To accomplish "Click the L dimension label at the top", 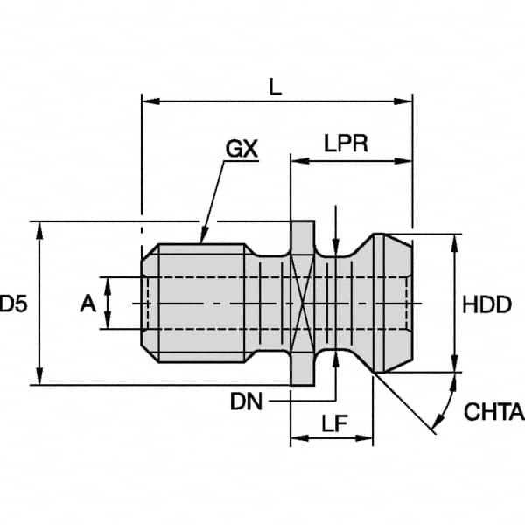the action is coord(276,87).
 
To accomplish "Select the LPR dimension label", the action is coord(346,143).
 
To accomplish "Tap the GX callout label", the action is coord(241,149).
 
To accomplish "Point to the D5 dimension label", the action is coord(13,304).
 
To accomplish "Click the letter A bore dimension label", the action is coord(87,304).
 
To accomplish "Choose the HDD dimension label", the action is coord(486,304).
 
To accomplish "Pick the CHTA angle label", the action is coord(494,411).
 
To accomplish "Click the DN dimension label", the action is coord(246,402).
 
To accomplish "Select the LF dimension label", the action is coord(334,423).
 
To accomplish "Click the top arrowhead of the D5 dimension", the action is coord(39,231).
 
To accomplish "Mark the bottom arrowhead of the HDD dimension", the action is coord(454,363).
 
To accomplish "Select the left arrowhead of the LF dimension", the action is coord(299,438).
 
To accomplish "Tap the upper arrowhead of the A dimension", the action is coord(108,286).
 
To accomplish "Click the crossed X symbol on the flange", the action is coord(303,304).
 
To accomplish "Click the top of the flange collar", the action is coord(303,221).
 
